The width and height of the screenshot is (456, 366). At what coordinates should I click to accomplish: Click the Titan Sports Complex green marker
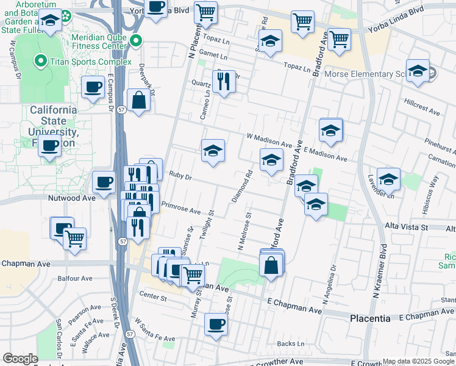coord(41,61)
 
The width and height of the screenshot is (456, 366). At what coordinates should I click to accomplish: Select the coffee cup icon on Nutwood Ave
coord(104,181)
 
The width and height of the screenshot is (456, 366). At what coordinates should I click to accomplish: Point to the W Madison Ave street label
coord(269,140)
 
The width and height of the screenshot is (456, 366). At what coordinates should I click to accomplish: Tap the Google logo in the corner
coord(20,358)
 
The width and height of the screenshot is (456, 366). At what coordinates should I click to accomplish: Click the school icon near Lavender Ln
coord(388,178)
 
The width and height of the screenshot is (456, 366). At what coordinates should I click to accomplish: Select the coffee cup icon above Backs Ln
coord(215,323)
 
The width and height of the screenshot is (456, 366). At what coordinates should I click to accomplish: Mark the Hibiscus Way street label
coord(434,191)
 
